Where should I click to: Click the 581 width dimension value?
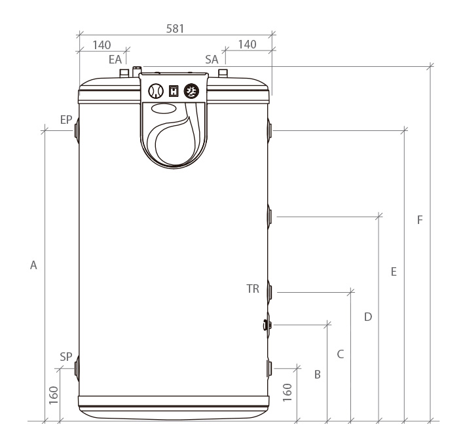175,29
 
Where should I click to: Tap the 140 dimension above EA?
102,45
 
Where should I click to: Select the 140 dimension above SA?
247,45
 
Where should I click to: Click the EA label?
115,60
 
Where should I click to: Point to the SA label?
212,60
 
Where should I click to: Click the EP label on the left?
66,120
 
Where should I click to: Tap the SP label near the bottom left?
66,357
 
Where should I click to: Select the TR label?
253,289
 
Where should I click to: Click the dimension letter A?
33,265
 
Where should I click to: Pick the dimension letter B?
318,375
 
